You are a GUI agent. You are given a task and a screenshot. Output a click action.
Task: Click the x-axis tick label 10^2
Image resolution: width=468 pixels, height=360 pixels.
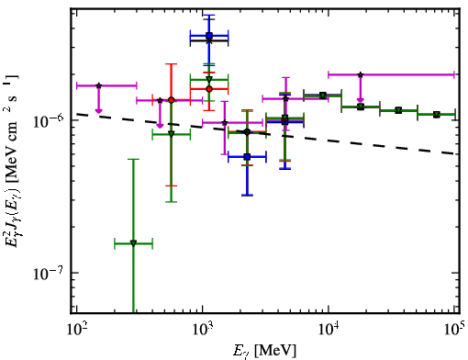77,329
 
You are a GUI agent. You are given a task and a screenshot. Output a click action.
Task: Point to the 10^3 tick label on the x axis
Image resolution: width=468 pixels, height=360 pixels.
203,329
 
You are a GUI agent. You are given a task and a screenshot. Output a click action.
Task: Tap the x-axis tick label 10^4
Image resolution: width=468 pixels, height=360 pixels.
329,329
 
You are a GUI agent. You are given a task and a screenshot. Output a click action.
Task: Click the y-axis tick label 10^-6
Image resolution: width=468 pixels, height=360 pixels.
48,120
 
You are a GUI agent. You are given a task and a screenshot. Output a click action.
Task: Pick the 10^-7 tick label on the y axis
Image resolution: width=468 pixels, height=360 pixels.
48,273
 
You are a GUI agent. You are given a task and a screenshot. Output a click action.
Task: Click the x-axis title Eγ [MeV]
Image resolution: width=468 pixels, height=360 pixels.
264,351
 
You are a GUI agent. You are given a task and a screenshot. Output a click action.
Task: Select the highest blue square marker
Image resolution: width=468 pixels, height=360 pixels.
209,36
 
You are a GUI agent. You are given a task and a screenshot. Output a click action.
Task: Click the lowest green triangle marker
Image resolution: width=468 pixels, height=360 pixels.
133,243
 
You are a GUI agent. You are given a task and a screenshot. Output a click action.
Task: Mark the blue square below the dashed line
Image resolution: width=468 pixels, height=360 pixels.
247,157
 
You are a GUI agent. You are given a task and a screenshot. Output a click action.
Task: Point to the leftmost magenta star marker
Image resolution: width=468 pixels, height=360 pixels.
98,85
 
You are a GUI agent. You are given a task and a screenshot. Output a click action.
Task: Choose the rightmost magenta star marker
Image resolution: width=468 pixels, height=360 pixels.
361,74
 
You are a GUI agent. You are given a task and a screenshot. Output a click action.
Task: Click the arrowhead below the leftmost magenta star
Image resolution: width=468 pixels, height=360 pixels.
98,110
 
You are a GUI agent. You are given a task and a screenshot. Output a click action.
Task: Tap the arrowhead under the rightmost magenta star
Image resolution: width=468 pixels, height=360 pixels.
361,100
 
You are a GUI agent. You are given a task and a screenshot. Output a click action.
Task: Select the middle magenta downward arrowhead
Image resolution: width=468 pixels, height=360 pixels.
160,126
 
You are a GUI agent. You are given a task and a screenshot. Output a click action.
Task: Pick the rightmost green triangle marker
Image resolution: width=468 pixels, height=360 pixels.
437,115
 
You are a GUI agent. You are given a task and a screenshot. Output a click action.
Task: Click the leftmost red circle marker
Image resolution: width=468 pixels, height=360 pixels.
172,100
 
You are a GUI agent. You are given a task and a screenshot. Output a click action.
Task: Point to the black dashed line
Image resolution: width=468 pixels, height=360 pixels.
265,134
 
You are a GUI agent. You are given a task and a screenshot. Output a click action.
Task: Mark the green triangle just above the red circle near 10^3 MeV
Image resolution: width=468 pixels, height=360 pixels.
209,79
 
